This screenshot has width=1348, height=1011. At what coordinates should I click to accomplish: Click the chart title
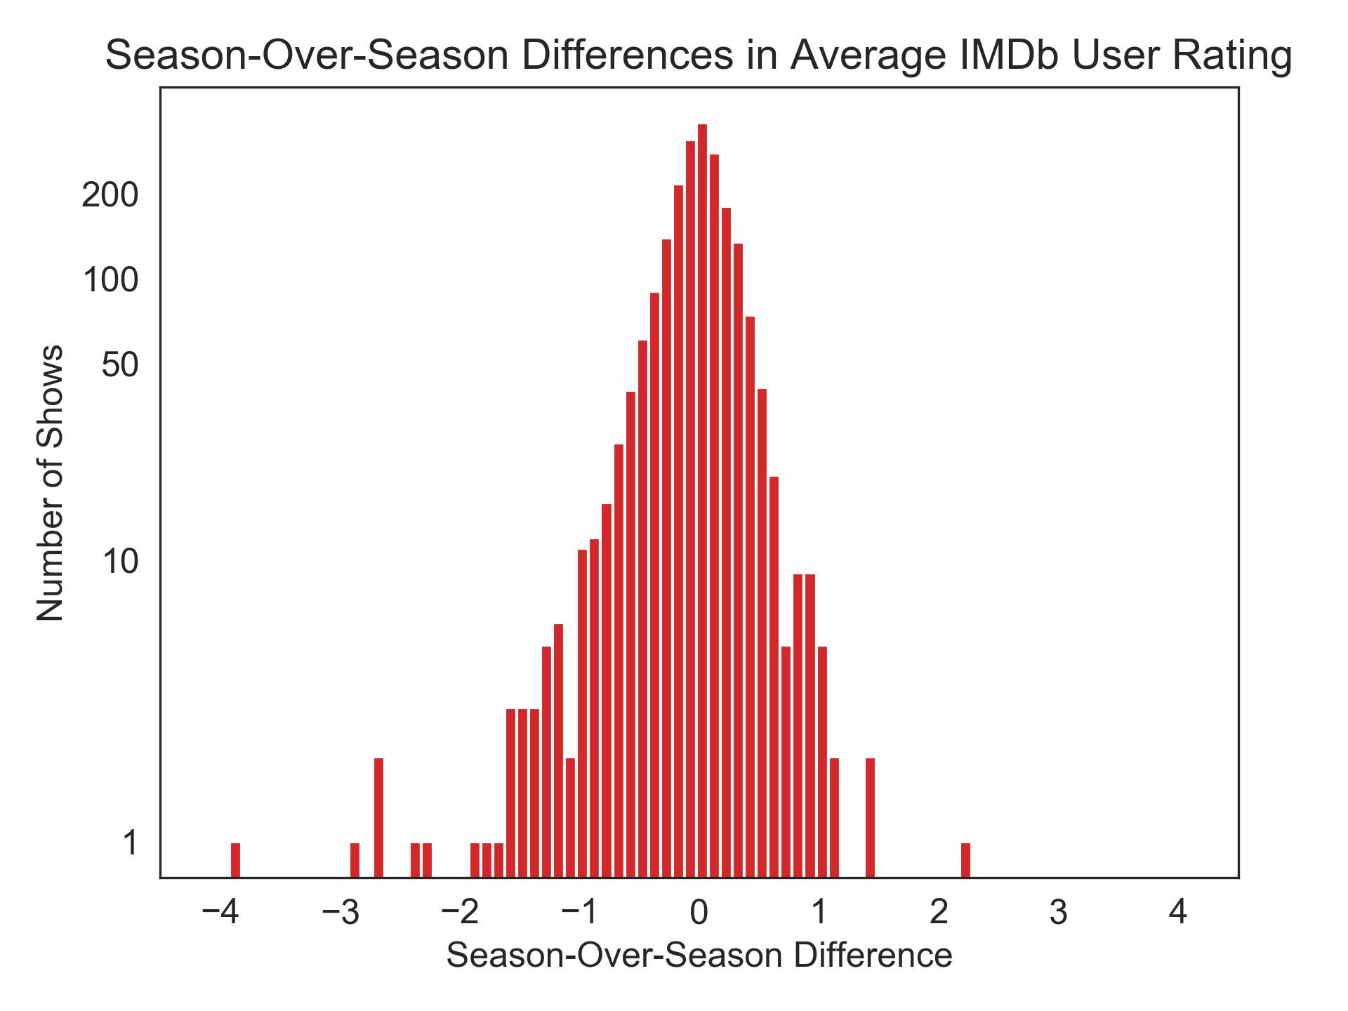click(x=698, y=56)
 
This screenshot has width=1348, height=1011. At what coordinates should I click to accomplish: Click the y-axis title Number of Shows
click(x=51, y=483)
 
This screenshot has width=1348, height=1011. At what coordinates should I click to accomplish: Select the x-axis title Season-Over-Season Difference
click(x=699, y=956)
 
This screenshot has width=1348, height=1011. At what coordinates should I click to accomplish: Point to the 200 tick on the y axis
click(x=110, y=195)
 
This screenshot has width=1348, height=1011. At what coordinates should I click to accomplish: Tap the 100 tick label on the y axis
click(x=110, y=280)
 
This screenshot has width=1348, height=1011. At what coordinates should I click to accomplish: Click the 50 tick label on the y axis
click(x=119, y=365)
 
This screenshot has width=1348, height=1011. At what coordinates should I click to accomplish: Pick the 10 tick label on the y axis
click(x=120, y=562)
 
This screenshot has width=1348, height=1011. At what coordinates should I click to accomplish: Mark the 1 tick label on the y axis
click(x=131, y=843)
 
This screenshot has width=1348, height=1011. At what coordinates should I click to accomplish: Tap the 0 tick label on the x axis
click(x=699, y=913)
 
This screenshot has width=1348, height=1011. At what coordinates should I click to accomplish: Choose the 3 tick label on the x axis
click(x=1058, y=913)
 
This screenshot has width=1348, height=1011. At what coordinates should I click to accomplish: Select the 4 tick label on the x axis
click(x=1177, y=913)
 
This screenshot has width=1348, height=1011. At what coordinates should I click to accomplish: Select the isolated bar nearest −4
click(x=235, y=860)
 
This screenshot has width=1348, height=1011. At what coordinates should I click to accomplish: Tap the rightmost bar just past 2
click(x=965, y=860)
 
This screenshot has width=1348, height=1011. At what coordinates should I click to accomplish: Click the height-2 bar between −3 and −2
click(x=378, y=818)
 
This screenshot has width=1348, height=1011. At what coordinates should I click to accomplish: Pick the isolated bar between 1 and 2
click(x=870, y=818)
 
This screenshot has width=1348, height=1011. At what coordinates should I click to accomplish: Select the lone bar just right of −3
click(x=355, y=860)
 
